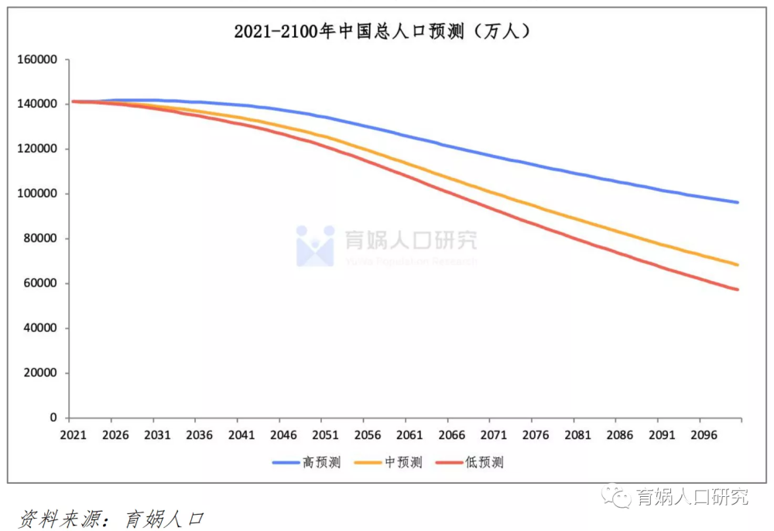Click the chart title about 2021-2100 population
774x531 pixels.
[x=382, y=32]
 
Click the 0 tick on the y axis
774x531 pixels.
[x=54, y=418]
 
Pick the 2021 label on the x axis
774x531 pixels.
[x=71, y=435]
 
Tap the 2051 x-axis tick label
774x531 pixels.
[x=325, y=435]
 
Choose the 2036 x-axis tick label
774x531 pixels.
[x=198, y=435]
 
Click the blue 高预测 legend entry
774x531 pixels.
[x=307, y=463]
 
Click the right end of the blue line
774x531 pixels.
[x=738, y=202]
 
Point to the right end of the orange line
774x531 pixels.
[x=738, y=265]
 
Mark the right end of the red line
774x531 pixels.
[x=738, y=289]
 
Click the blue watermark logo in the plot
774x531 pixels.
[x=315, y=245]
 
